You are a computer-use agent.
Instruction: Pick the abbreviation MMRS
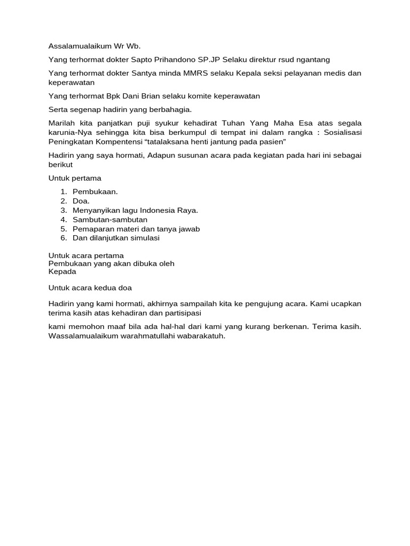pyautogui.click(x=191, y=74)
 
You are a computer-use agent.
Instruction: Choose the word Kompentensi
pyautogui.click(x=121, y=141)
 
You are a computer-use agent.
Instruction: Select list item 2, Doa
pyautogui.click(x=81, y=201)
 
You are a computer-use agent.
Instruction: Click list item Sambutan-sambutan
pyautogui.click(x=110, y=220)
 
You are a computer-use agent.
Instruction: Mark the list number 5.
pyautogui.click(x=63, y=229)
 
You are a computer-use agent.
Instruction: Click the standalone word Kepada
pyautogui.click(x=62, y=271)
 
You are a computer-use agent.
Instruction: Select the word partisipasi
pyautogui.click(x=178, y=313)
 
